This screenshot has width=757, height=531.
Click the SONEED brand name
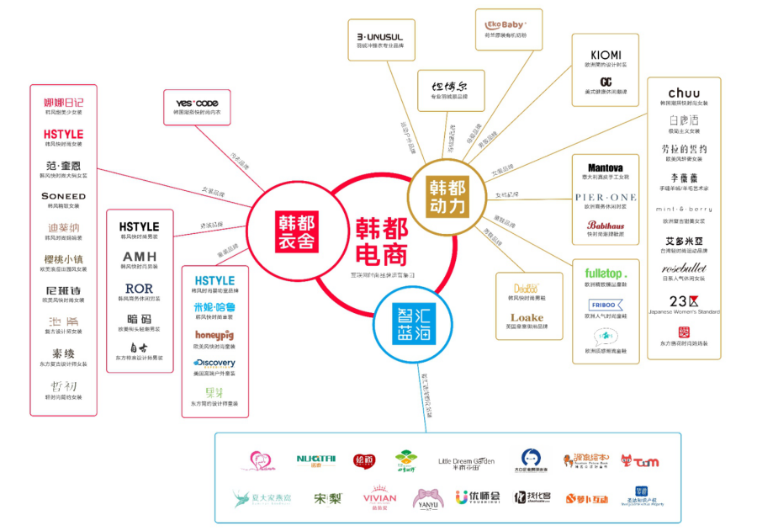(x=63, y=196)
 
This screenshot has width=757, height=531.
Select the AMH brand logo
(x=139, y=257)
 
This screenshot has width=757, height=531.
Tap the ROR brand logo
(x=139, y=289)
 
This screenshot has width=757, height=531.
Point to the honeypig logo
(x=214, y=335)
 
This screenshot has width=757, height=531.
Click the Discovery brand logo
(x=214, y=364)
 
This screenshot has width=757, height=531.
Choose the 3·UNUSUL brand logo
(x=380, y=37)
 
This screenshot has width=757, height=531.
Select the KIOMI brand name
(x=606, y=53)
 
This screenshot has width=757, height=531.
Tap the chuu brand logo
(x=683, y=93)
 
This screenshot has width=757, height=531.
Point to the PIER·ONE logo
(x=606, y=197)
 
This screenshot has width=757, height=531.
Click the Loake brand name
(x=527, y=318)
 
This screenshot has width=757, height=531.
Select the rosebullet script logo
(x=683, y=268)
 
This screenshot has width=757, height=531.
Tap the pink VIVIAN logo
(x=379, y=497)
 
